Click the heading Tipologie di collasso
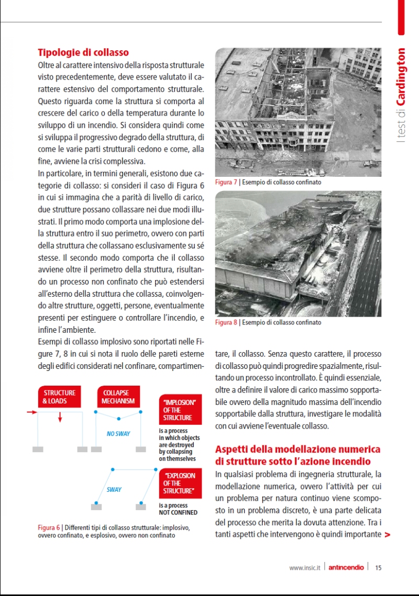[83, 52]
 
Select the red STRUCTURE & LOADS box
[59, 397]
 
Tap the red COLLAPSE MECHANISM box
[119, 397]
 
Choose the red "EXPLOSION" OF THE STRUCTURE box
[179, 483]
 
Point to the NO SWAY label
[118, 434]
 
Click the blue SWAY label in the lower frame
[114, 490]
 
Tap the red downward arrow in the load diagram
[60, 417]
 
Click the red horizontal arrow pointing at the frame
[31, 412]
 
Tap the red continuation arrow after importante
[387, 534]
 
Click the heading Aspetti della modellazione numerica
[297, 455]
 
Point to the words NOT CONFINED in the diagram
[178, 513]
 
